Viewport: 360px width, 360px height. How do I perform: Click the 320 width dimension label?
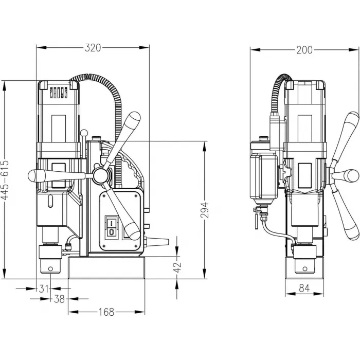(93, 48)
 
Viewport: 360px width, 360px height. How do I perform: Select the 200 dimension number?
(304, 50)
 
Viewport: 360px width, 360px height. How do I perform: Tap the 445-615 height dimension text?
(5, 180)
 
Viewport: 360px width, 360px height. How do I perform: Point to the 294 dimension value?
(204, 210)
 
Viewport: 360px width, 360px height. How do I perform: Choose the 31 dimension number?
(44, 289)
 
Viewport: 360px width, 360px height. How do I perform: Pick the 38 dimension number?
(59, 299)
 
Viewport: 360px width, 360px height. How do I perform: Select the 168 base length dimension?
(106, 312)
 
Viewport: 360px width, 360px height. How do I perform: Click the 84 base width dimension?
(304, 288)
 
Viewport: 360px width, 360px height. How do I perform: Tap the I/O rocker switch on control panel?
(112, 227)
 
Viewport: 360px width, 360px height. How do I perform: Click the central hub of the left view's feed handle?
(101, 176)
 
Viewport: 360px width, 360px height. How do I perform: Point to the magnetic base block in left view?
(106, 268)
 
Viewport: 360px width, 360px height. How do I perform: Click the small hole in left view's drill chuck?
(50, 268)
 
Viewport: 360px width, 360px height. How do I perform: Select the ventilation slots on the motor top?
(59, 92)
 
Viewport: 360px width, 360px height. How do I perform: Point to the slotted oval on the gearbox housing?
(50, 201)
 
